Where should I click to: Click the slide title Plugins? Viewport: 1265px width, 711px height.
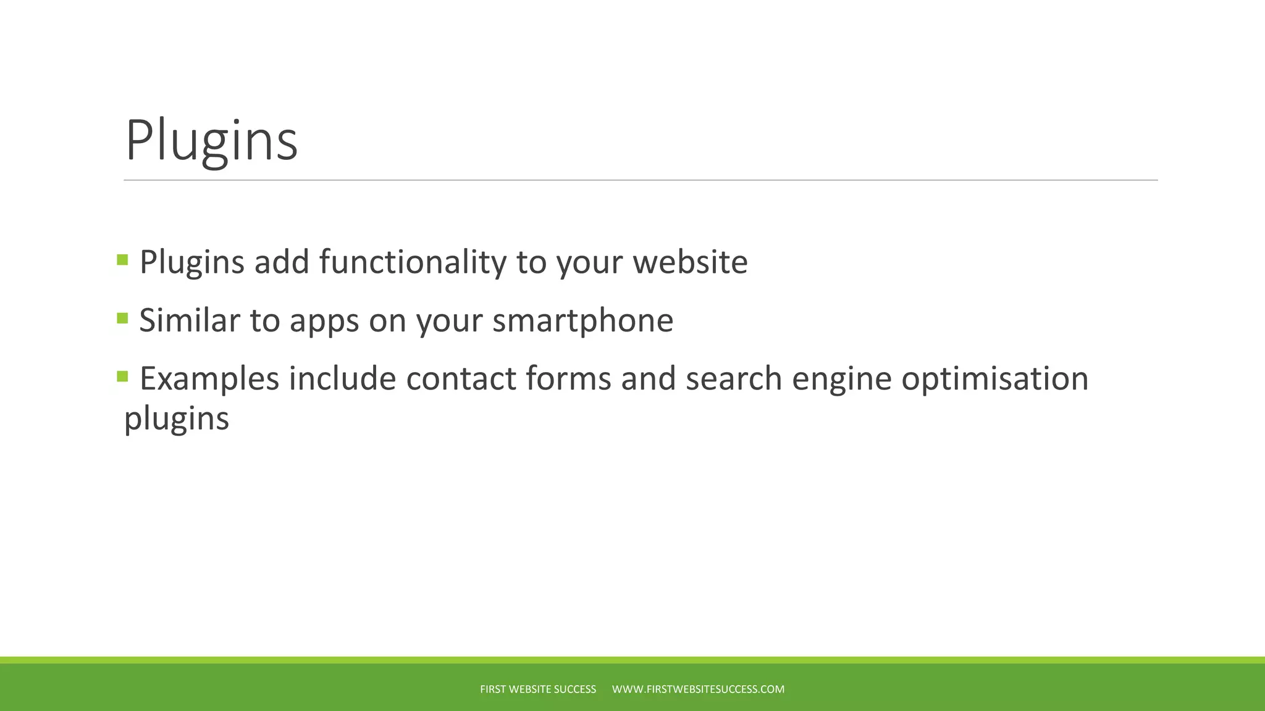(x=211, y=141)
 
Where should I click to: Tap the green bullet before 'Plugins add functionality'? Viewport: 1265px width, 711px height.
(x=122, y=260)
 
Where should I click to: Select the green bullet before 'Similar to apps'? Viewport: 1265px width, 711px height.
(x=122, y=318)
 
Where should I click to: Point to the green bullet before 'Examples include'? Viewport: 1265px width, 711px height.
(x=122, y=376)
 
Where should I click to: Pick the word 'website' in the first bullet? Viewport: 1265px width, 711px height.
(x=690, y=262)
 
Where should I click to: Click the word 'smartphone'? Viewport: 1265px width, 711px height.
(x=582, y=320)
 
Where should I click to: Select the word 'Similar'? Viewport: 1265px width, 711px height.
(x=190, y=320)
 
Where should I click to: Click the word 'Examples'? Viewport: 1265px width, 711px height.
(x=209, y=379)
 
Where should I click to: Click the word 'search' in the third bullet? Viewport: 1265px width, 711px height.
(x=734, y=378)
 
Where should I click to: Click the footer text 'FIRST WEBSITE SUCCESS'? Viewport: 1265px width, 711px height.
(x=538, y=689)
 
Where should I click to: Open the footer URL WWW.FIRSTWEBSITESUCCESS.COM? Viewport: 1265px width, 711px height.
(x=698, y=689)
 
